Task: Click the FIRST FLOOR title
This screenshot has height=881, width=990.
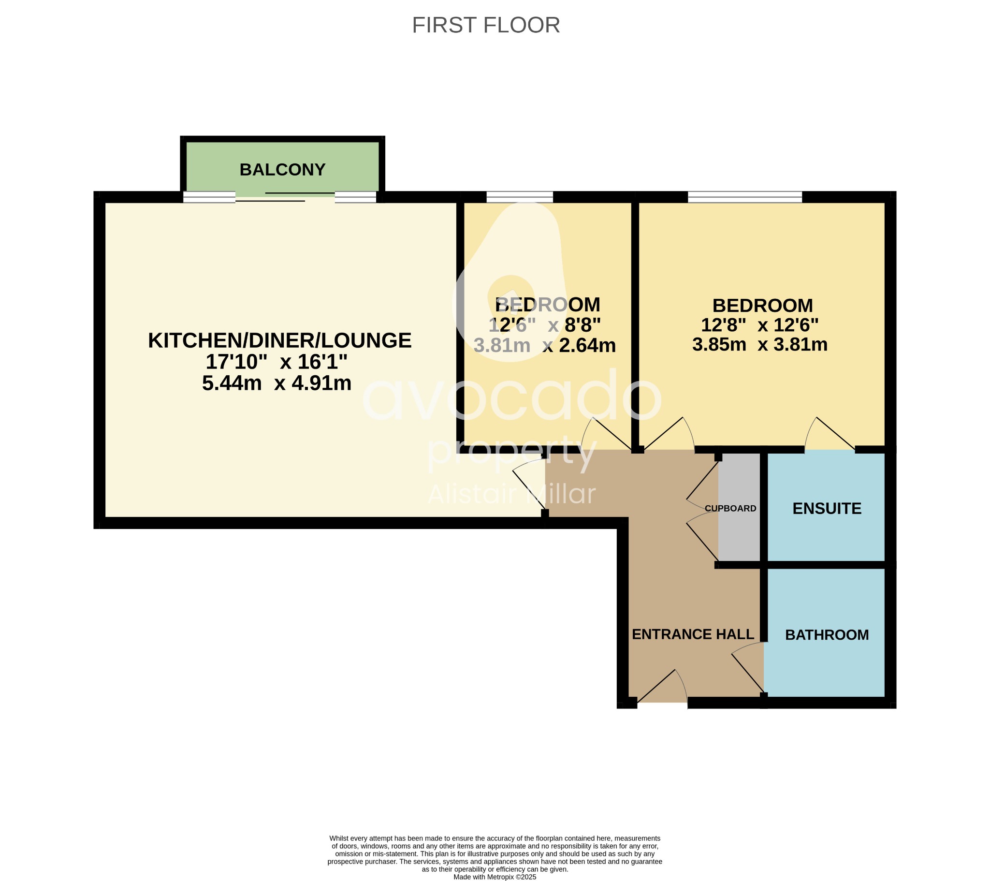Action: tap(486, 25)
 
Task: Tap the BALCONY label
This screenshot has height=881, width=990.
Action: tap(282, 170)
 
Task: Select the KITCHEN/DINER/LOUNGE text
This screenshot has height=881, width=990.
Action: tap(279, 341)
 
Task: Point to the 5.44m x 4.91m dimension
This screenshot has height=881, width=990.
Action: tap(277, 383)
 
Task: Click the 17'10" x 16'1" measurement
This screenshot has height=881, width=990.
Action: tap(277, 362)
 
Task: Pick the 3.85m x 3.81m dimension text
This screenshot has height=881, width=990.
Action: tap(759, 345)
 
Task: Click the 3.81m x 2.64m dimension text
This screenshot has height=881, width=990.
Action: tap(544, 346)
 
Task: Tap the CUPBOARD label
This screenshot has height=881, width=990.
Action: tap(730, 508)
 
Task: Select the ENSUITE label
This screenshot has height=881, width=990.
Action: tap(826, 508)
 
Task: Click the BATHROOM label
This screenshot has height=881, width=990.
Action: tap(826, 635)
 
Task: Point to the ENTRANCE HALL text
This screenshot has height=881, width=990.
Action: tap(693, 634)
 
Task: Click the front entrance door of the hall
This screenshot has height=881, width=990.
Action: tap(663, 688)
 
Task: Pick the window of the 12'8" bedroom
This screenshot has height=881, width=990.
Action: tap(745, 197)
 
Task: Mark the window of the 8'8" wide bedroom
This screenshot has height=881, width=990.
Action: tap(519, 197)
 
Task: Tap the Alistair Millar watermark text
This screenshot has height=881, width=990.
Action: tap(511, 494)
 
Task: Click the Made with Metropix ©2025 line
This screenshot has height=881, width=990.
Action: tap(495, 877)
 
